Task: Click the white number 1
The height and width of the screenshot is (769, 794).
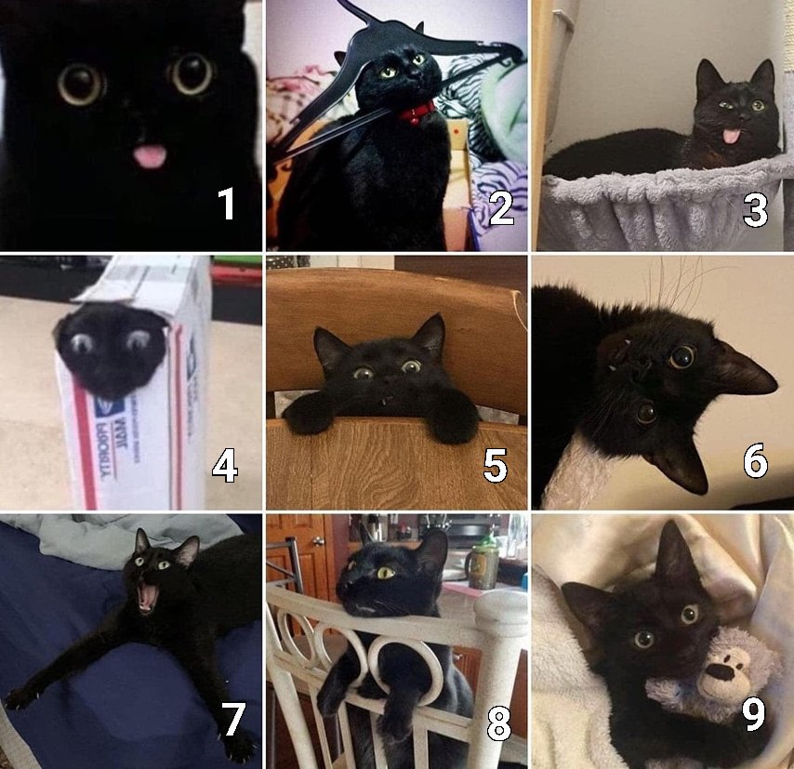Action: (x=226, y=204)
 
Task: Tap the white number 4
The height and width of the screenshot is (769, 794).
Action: (x=224, y=465)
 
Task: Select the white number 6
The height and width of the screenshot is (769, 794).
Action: (x=755, y=461)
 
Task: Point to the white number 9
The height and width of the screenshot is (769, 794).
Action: (x=753, y=714)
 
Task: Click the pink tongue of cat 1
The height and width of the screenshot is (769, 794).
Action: (x=149, y=156)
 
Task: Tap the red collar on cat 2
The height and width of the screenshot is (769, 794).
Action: (x=417, y=113)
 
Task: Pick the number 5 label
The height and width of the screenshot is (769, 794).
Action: (x=495, y=465)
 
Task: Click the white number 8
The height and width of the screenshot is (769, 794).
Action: (x=498, y=723)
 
